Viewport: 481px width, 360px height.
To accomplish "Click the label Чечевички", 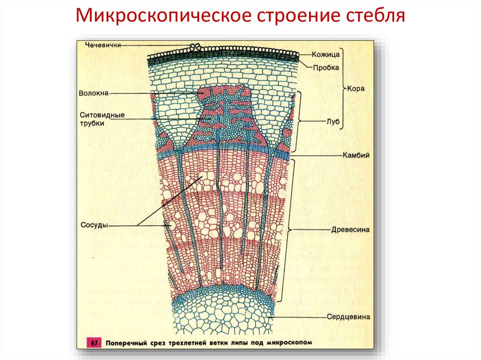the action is click(x=103, y=45).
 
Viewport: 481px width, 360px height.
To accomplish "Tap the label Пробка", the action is click(x=326, y=67).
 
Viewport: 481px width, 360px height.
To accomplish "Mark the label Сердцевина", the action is click(x=348, y=317).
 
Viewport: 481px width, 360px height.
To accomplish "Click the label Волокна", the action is click(x=94, y=93).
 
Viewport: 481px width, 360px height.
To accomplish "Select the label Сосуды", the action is click(x=94, y=225).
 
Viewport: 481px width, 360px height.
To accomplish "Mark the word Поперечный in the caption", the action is click(x=128, y=343).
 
